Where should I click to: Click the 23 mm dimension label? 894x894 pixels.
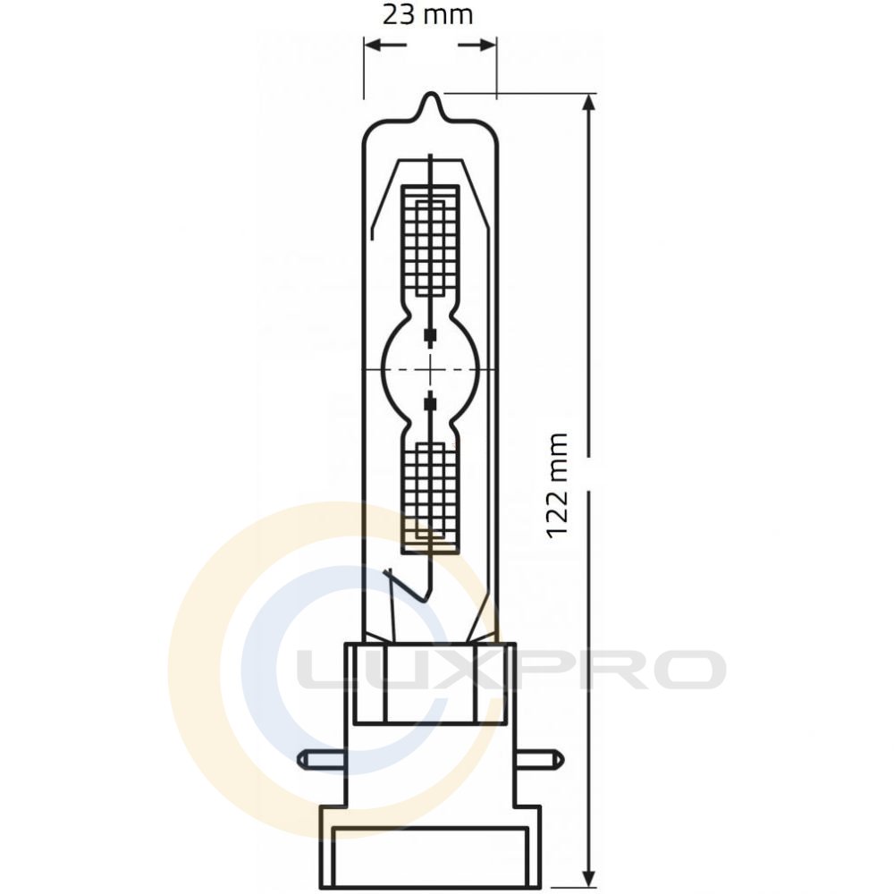pyautogui.click(x=427, y=15)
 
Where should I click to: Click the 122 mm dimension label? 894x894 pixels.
pyautogui.click(x=557, y=485)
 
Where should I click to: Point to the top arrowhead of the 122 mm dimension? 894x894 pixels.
pyautogui.click(x=589, y=102)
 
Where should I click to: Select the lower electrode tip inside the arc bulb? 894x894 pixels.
pyautogui.click(x=431, y=402)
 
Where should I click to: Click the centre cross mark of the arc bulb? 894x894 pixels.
pyautogui.click(x=431, y=369)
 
